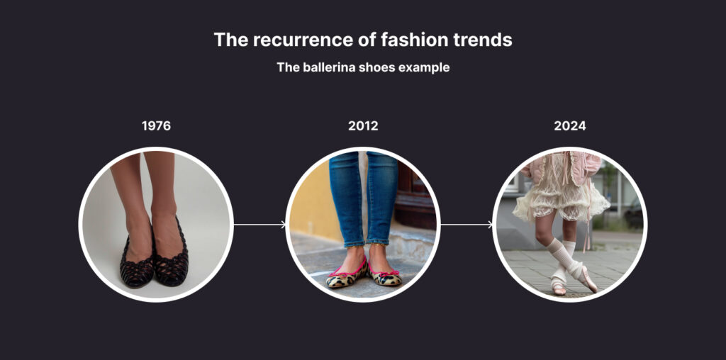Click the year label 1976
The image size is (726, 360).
pos(156,126)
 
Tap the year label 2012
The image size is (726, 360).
pos(363,126)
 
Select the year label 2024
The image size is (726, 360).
pos(570,126)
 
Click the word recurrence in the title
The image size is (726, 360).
pos(303,40)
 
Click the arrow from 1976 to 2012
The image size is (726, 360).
pos(259,225)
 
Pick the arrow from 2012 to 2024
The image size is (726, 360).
pos(467,225)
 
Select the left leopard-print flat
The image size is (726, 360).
pos(346,276)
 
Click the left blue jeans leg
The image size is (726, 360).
pos(345,199)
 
